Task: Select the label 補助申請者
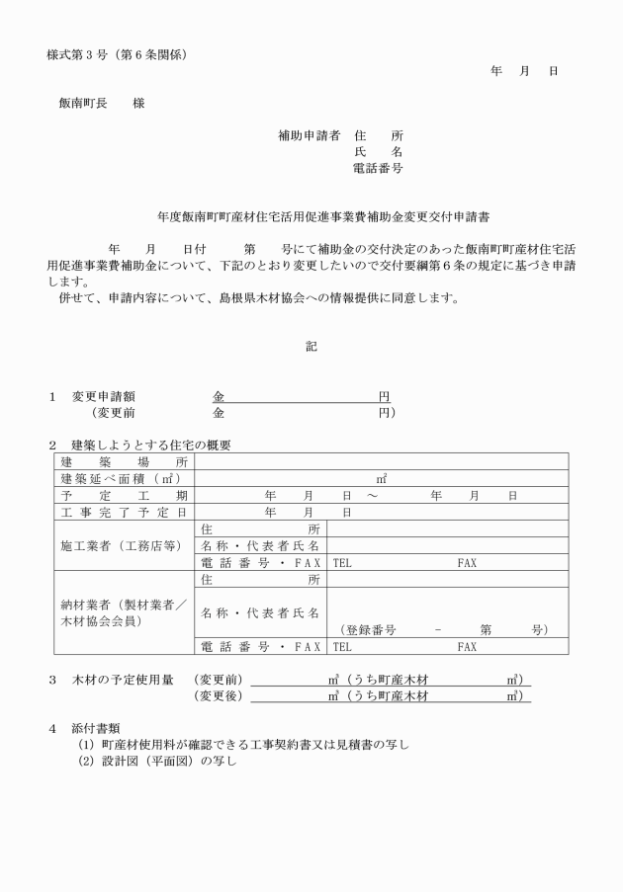coord(308,135)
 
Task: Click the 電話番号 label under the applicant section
coord(378,169)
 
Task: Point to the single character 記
coord(311,346)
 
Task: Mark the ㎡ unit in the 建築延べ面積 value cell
coord(381,478)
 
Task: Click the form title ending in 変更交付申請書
coord(311,213)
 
